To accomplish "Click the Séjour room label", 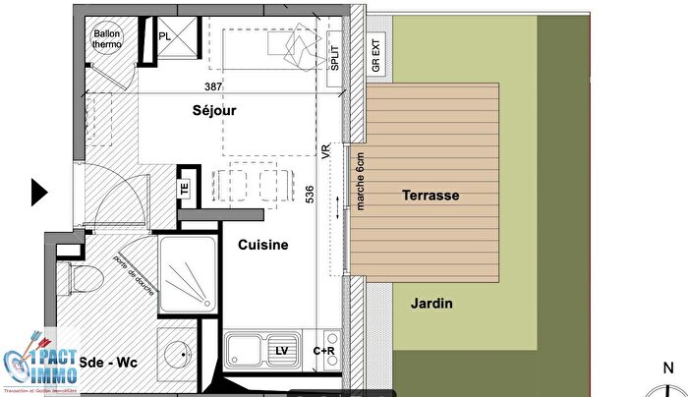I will (x=215, y=111).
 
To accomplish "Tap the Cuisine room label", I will (x=262, y=245).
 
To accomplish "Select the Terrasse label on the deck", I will (x=430, y=196).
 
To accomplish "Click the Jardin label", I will (x=431, y=304).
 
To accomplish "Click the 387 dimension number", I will (x=214, y=86).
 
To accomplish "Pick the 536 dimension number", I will (x=310, y=195).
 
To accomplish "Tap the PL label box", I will (x=165, y=36).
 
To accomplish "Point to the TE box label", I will (x=184, y=190).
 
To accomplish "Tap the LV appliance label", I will (x=282, y=351).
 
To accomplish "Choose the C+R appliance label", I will (x=323, y=351).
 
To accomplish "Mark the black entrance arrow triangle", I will (x=39, y=192).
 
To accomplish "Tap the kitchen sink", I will (x=244, y=349).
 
